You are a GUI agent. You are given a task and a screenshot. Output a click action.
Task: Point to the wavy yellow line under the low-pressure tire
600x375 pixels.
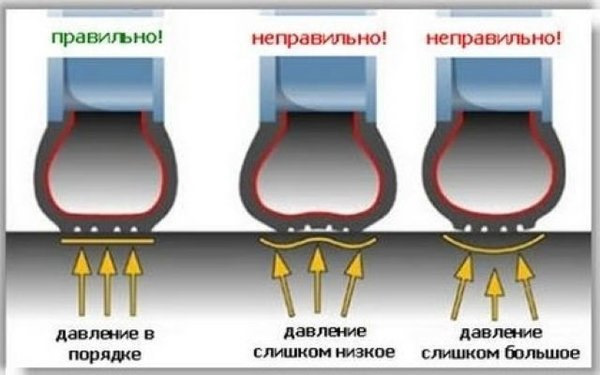coord(317,245)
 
